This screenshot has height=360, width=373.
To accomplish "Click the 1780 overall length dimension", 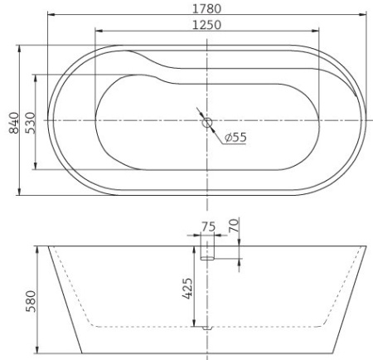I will pyautogui.click(x=206, y=8).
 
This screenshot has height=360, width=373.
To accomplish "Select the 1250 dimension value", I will pyautogui.click(x=206, y=25).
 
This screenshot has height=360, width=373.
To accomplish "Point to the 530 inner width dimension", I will pyautogui.click(x=27, y=122).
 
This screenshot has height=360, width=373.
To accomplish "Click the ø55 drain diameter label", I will pyautogui.click(x=235, y=138).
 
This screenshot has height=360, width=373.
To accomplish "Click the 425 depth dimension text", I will pyautogui.click(x=187, y=289).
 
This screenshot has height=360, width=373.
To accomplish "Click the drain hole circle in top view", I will pyautogui.click(x=206, y=123).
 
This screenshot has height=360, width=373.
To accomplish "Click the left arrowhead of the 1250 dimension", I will pyautogui.click(x=99, y=32).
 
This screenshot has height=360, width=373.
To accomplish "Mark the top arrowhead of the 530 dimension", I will pyautogui.click(x=36, y=77).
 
